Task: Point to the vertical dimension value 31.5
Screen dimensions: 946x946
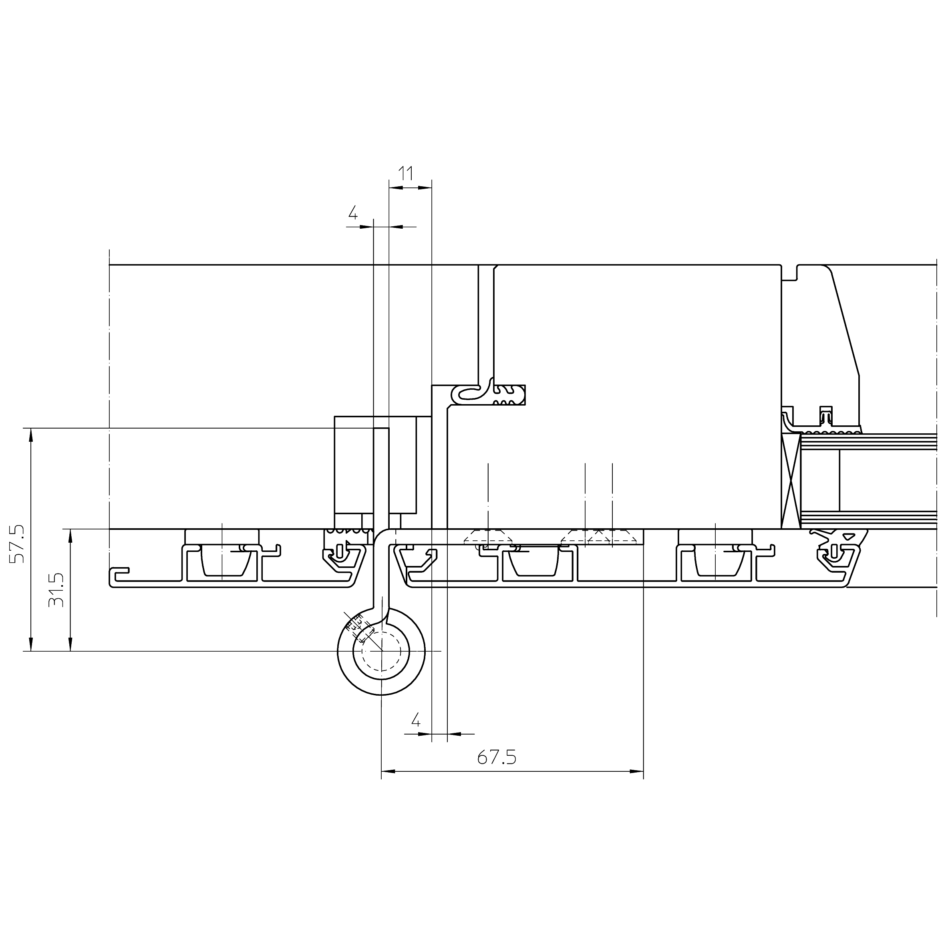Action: [x=56, y=590]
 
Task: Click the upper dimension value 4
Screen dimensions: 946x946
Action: [x=352, y=213]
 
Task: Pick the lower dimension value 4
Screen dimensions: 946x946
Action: [x=416, y=720]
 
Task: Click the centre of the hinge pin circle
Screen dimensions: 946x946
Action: [x=381, y=651]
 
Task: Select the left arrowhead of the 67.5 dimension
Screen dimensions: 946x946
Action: [x=388, y=772]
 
